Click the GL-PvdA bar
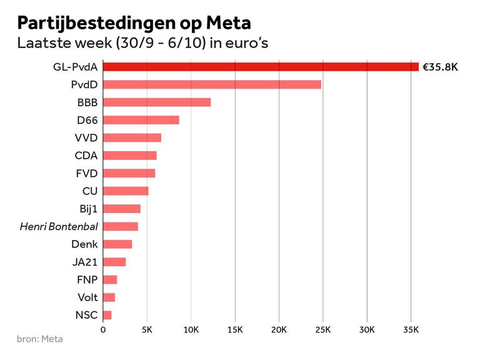pos(261,66)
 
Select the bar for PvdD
pos(212,84)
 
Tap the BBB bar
pos(157,102)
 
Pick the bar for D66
pos(141,120)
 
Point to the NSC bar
pos(107,315)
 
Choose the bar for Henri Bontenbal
pos(120,226)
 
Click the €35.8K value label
pos(440,67)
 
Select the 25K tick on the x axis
pos(322,329)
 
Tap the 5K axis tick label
pos(147,329)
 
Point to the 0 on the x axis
pos(103,329)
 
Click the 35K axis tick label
pos(411,329)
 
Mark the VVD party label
pos(86,137)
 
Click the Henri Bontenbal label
pos(59,226)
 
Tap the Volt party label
pos(87,297)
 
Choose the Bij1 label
pos(89,209)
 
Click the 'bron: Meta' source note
pos(40,339)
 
